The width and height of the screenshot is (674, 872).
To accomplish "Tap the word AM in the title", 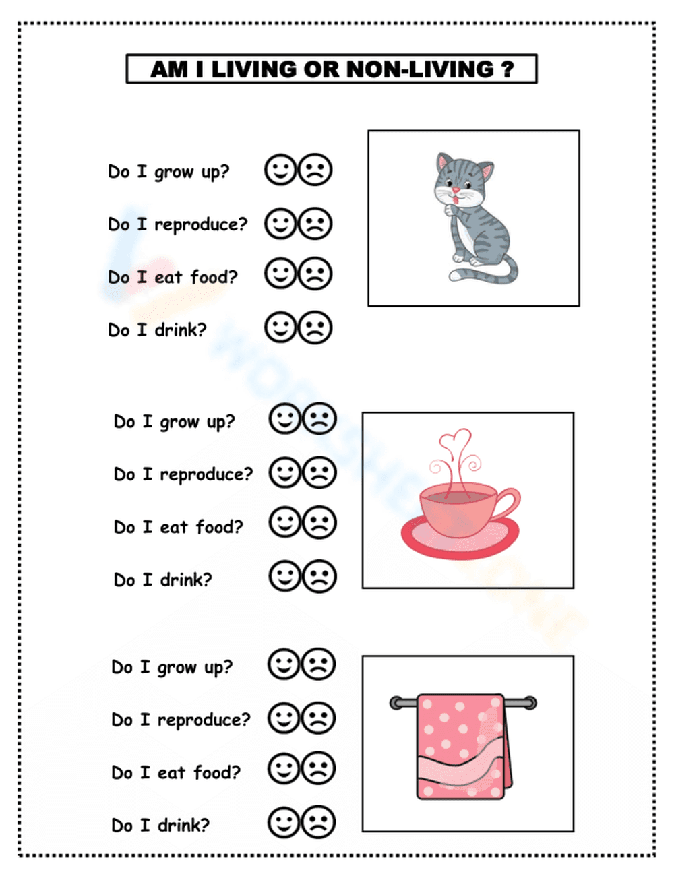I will pyautogui.click(x=169, y=69).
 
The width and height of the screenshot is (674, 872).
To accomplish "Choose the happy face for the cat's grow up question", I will pyautogui.click(x=280, y=170).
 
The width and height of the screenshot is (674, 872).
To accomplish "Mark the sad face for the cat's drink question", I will pyautogui.click(x=315, y=328).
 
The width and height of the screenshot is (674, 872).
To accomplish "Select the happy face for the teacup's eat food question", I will pyautogui.click(x=285, y=523).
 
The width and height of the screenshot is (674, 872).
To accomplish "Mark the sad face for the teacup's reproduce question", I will pyautogui.click(x=319, y=472).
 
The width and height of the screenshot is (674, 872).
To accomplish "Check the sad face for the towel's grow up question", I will pyautogui.click(x=318, y=664).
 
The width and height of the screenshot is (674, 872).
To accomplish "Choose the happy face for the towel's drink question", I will pyautogui.click(x=284, y=822).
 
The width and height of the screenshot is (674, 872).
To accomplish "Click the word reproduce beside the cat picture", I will pyautogui.click(x=201, y=224).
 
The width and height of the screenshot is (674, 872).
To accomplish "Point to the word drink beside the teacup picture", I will pyautogui.click(x=185, y=580).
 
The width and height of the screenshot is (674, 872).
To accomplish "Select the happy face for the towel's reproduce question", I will pyautogui.click(x=284, y=718).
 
